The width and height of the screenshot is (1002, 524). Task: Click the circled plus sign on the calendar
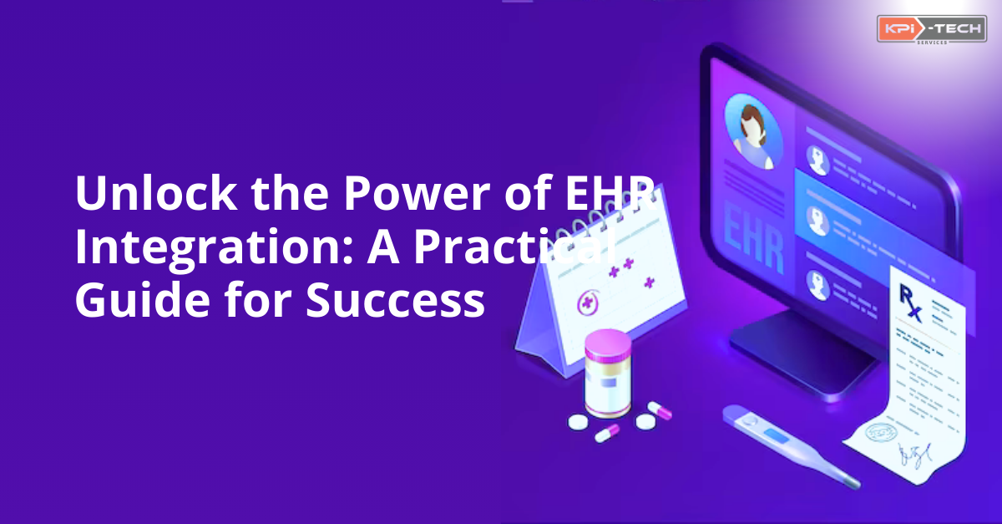click(588, 299)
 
